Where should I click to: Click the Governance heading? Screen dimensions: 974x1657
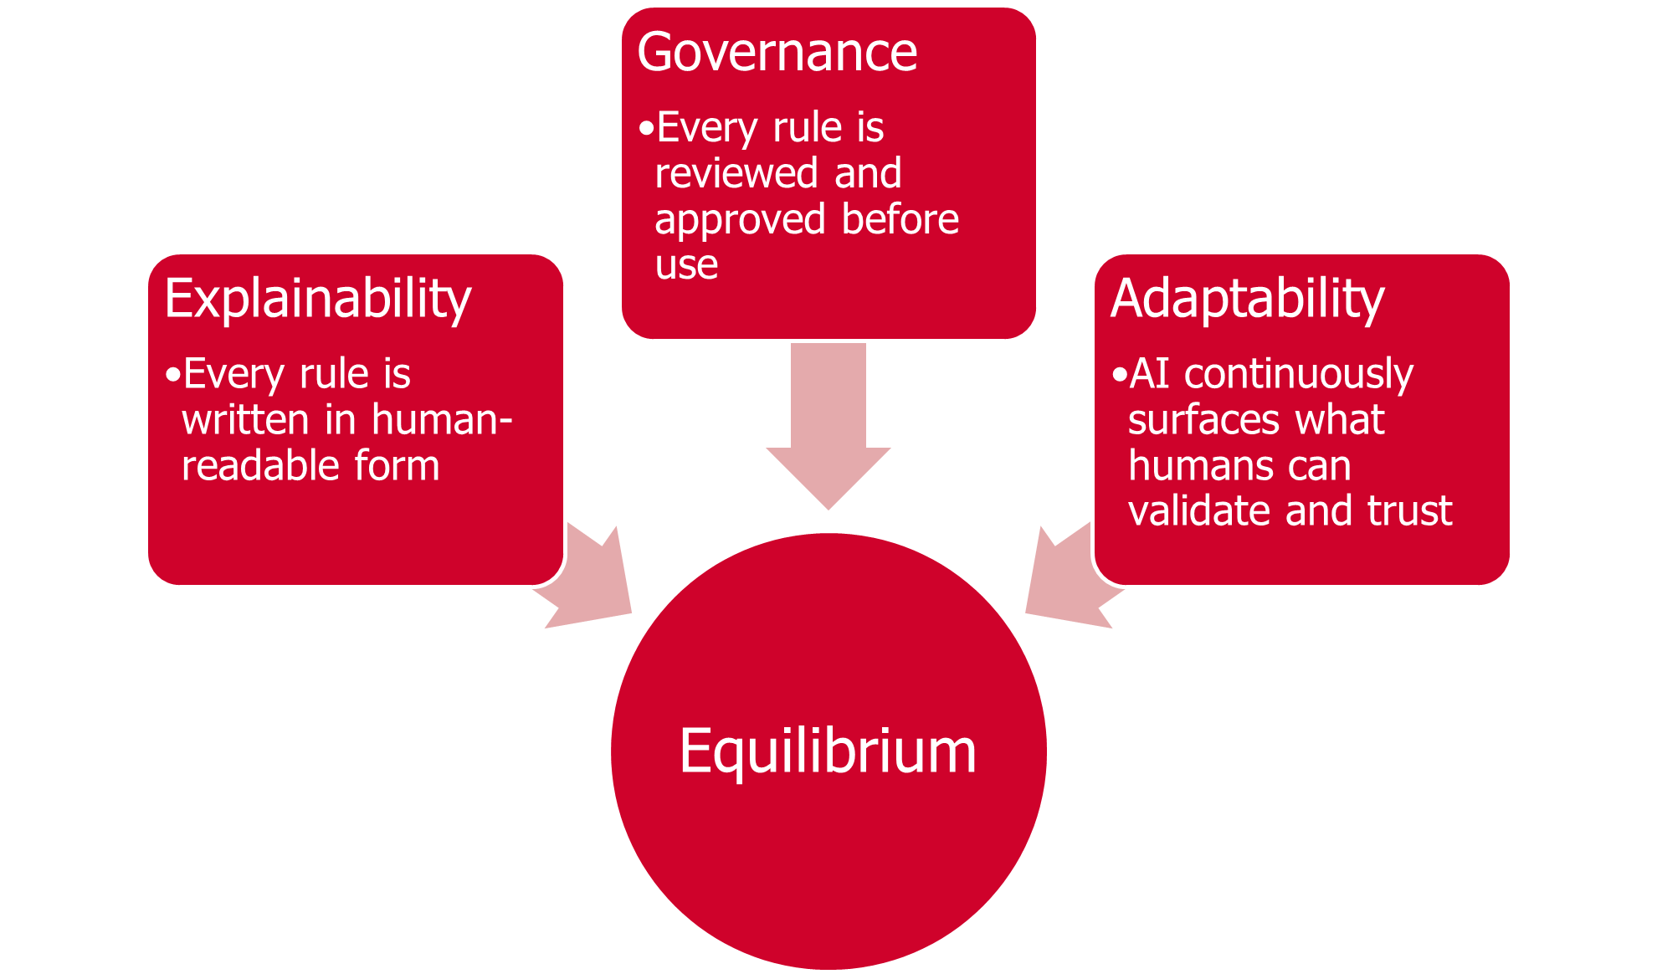pos(777,53)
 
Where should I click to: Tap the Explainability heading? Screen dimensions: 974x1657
pos(318,299)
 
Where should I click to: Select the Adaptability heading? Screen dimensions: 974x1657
pos(1247,299)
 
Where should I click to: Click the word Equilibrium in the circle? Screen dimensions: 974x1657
pos(828,751)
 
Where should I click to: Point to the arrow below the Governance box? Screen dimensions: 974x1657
pos(828,427)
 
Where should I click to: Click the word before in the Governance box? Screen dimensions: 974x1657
pos(900,219)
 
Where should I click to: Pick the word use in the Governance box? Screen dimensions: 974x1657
pos(686,265)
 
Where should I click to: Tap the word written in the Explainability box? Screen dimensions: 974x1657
pos(245,419)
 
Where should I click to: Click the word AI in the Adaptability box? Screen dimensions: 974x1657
pos(1149,373)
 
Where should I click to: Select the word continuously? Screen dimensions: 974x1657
pos(1299,374)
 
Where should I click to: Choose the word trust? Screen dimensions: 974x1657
pos(1409,510)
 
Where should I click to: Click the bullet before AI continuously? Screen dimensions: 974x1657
pos(1119,375)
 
